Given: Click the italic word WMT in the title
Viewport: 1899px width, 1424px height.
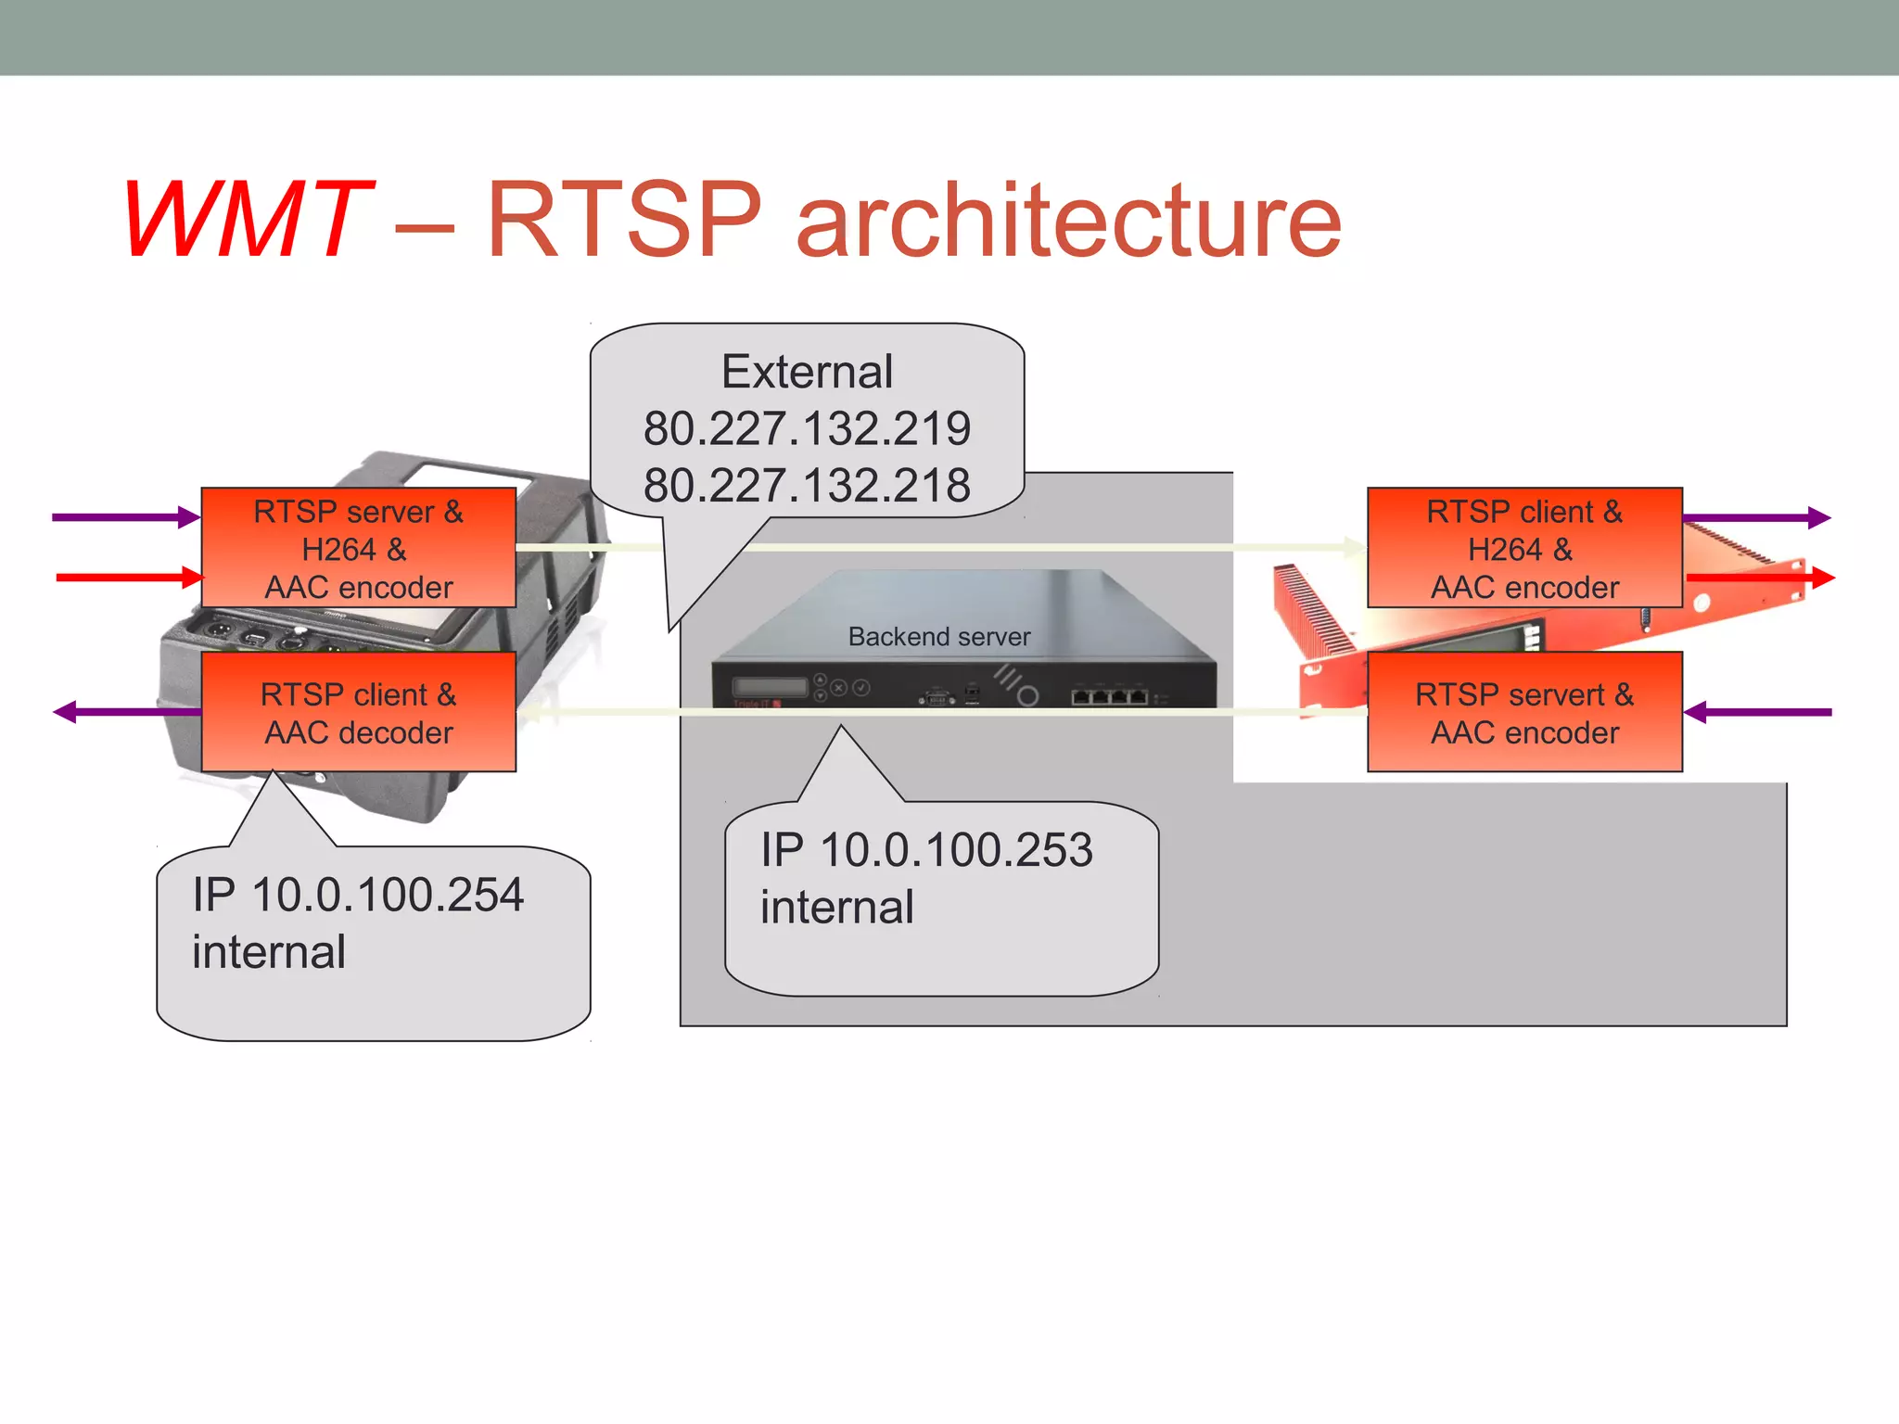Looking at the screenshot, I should (246, 220).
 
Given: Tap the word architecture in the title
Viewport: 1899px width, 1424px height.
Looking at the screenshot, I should (1068, 220).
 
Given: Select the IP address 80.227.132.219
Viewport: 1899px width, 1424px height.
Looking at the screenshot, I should (807, 428).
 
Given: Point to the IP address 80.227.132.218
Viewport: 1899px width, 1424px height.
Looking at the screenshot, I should (807, 485).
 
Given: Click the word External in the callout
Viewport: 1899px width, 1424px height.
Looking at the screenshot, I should (807, 372).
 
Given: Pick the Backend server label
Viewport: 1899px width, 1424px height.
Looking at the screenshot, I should (938, 637).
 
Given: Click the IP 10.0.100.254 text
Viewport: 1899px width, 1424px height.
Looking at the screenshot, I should (358, 896).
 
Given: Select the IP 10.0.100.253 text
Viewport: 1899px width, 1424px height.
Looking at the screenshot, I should (926, 850).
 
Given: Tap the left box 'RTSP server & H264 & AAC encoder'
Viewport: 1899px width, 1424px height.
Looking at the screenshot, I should (358, 548).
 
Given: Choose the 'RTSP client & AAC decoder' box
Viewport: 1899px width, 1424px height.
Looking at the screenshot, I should (358, 712).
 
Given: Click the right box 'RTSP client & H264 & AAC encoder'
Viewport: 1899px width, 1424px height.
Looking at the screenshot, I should (1524, 548).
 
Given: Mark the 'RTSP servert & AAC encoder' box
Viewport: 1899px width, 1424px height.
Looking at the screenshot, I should (1524, 712).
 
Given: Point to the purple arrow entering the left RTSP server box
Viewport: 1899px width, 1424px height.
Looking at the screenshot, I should (125, 517).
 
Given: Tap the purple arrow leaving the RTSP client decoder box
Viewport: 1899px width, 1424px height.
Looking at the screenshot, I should (126, 712).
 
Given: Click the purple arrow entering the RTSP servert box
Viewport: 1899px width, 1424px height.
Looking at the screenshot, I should (1758, 712).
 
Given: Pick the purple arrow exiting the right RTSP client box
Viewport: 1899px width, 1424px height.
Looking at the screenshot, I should (1756, 517).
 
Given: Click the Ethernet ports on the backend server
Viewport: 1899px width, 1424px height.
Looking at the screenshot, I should (1110, 695).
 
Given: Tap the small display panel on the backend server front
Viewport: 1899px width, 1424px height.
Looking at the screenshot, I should (770, 687).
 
